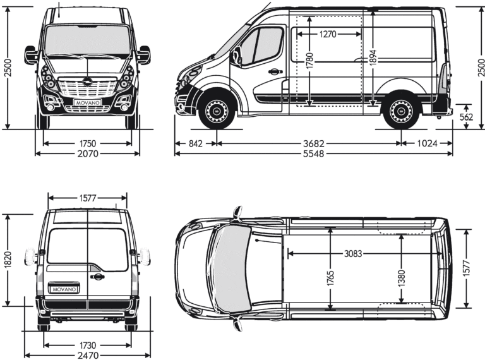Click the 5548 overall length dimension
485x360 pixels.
pos(313,154)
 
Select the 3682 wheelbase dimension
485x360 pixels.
pos(310,143)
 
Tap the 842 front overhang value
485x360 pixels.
pos(196,143)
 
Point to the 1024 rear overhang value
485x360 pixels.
pos(427,143)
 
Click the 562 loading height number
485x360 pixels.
pos(467,117)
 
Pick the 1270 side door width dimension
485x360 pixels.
pos(328,35)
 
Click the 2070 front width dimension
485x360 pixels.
pos(88,154)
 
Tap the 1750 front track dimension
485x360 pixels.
pos(88,143)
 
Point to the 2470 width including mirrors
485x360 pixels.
pos(88,356)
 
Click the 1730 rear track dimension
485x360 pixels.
pos(88,345)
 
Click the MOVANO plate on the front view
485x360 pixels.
pos(88,101)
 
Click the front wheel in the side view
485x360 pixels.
pos(217,111)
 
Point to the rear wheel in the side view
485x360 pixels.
pos(400,111)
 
